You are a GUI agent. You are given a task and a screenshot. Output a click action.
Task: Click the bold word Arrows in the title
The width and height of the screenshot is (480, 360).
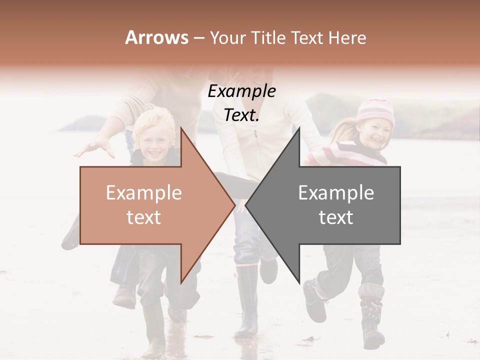click(x=157, y=37)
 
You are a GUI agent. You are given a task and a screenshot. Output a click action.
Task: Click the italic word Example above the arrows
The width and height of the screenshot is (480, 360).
click(x=241, y=91)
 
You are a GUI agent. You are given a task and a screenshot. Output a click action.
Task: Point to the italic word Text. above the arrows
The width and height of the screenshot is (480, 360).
click(x=241, y=115)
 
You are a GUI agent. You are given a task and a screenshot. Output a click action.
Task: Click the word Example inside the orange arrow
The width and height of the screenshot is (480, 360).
click(x=144, y=192)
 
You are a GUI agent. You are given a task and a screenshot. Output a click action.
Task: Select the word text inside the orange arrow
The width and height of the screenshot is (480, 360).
click(x=144, y=217)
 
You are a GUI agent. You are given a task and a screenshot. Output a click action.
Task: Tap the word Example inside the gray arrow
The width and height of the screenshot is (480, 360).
click(x=336, y=192)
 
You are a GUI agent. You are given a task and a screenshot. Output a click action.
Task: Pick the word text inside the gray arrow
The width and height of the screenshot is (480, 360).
click(x=336, y=217)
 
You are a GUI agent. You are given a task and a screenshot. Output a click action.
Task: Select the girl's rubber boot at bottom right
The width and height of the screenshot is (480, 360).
click(x=372, y=322)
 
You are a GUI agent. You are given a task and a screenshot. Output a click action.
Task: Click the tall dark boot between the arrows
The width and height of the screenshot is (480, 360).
click(x=247, y=300)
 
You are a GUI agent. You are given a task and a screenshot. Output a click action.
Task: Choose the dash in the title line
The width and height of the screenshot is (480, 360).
click(x=199, y=38)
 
